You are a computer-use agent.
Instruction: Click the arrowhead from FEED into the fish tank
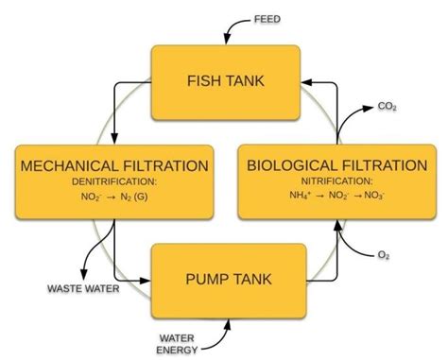click(x=228, y=42)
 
